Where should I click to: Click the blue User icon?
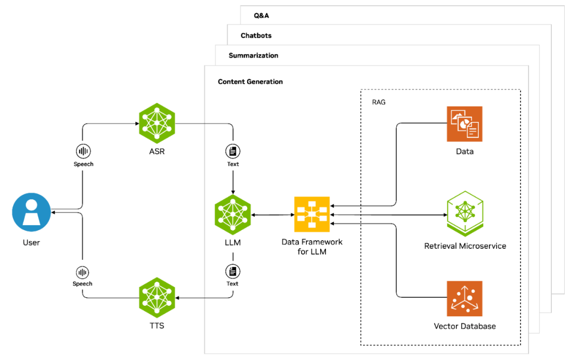coord(31,212)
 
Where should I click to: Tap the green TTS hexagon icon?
coord(157,296)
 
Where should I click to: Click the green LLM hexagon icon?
coord(233,215)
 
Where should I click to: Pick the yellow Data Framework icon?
coord(312,215)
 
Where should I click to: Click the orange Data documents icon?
coord(465,124)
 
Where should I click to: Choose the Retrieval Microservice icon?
coord(465,214)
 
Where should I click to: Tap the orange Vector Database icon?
coord(465,299)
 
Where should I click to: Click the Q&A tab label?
coord(262,15)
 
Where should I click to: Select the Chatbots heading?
coord(256,36)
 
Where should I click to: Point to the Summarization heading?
coord(253,55)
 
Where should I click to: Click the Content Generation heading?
coord(250,82)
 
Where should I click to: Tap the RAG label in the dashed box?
coord(378,102)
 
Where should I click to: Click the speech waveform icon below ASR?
coord(83,150)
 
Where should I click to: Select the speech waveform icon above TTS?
coord(83,272)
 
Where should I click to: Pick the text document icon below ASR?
coord(233,150)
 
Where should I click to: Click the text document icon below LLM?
coord(232,271)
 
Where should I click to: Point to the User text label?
coord(31,243)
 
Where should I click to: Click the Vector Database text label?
coord(465,326)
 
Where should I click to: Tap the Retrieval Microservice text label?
coord(465,246)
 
